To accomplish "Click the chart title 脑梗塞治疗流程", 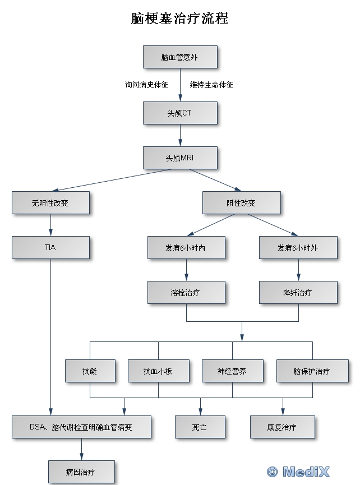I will click(x=179, y=19).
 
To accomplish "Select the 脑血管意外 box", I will click(x=179, y=57).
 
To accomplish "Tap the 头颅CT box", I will click(x=179, y=113).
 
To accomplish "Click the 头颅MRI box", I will click(x=179, y=158).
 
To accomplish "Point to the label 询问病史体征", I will click(x=146, y=85).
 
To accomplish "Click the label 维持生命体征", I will click(x=211, y=85).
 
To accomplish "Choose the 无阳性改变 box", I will click(x=50, y=202).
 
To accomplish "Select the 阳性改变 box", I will click(x=241, y=202).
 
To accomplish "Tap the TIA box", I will click(x=50, y=247).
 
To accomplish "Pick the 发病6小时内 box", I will click(x=186, y=247).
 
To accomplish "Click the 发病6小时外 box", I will click(x=298, y=247).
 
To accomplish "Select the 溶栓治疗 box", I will click(x=186, y=292).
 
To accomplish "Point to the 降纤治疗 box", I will click(x=298, y=292).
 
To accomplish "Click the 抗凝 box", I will click(x=90, y=371).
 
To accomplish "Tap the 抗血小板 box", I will click(x=158, y=371).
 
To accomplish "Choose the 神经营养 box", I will click(x=232, y=371).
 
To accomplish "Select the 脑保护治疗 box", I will click(x=312, y=371).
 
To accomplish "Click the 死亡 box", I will click(x=200, y=427).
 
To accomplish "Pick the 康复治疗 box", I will click(x=282, y=427).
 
